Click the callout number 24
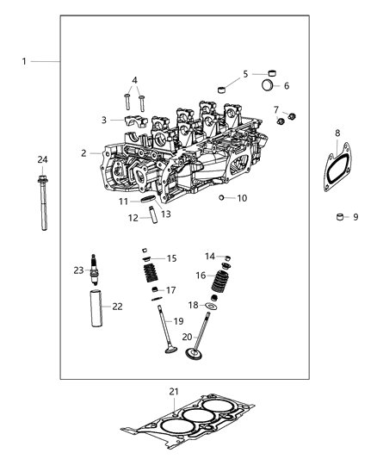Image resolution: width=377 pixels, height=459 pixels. (41, 159)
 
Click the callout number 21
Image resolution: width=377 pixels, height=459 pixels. (175, 392)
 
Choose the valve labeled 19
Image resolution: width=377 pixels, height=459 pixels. (163, 345)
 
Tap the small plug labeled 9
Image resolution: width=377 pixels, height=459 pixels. (340, 217)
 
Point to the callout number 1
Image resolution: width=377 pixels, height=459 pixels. (24, 61)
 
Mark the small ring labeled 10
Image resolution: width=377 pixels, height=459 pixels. (221, 198)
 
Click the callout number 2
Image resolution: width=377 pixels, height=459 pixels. (83, 153)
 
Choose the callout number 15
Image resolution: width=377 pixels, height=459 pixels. (171, 258)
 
